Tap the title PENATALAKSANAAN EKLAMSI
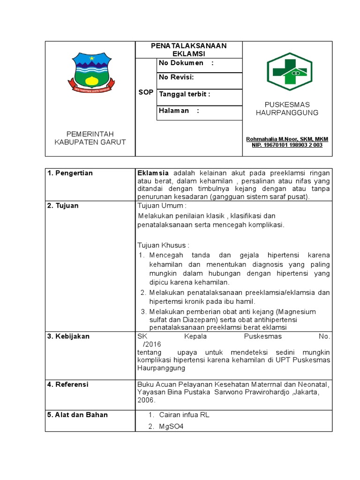point(188,49)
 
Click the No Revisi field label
point(177,77)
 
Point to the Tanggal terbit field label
point(185,94)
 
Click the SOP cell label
point(146,92)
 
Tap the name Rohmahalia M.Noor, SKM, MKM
point(287,139)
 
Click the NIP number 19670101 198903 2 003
point(287,145)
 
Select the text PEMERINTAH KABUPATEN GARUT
point(90,138)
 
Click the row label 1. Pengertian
point(70,173)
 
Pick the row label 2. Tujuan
point(63,205)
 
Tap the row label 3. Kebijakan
point(68,336)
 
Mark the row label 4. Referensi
point(68,384)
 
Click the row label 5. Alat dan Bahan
point(77,414)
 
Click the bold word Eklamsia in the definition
point(153,173)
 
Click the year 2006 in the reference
point(146,401)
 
